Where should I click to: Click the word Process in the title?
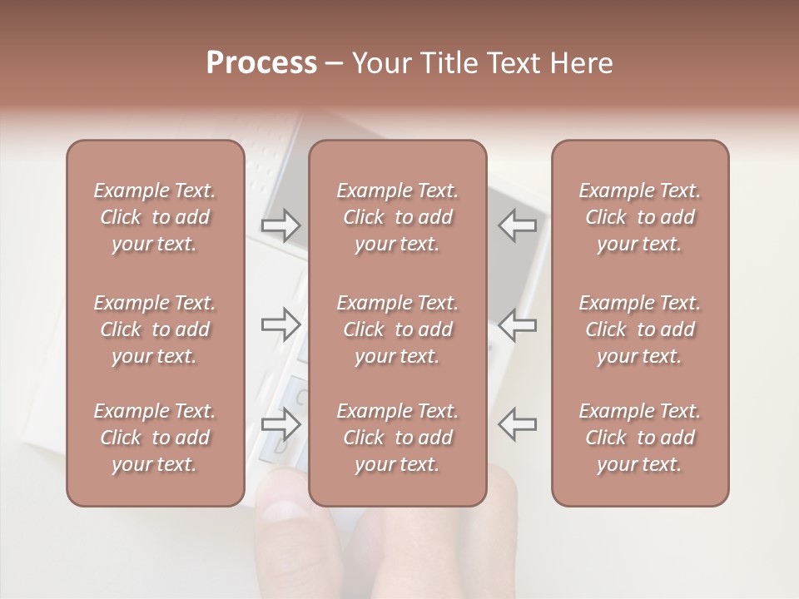[261, 63]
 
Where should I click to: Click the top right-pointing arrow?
[280, 225]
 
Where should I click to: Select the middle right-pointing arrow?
[280, 324]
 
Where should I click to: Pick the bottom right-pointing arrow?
[280, 424]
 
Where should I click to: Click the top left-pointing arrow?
[517, 225]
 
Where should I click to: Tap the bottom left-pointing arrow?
[517, 424]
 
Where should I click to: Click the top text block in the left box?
[155, 217]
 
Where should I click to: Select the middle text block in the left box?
[155, 329]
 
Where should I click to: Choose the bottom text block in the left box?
[155, 438]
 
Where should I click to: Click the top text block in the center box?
[397, 217]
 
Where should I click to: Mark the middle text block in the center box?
[397, 329]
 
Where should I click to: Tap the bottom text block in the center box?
[397, 438]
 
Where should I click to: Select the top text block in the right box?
[639, 217]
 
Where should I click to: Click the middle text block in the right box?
[639, 329]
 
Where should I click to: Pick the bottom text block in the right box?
[639, 438]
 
